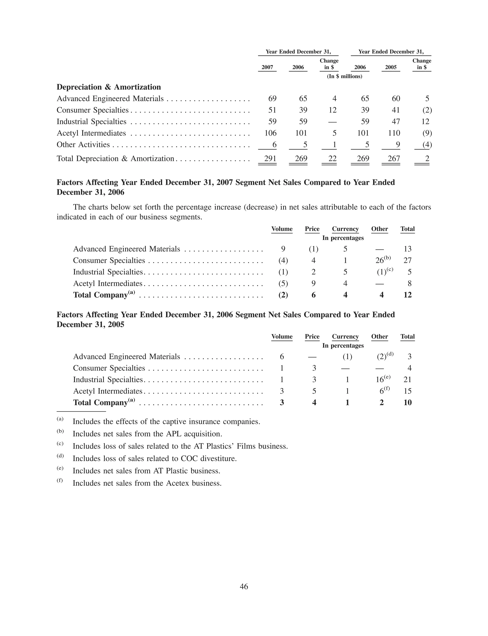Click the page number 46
click(x=244, y=586)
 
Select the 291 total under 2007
click(x=270, y=158)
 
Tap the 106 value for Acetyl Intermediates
click(x=270, y=133)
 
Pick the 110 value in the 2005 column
click(x=394, y=133)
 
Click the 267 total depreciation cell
click(x=394, y=158)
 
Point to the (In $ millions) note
click(x=345, y=76)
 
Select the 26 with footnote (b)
click(x=380, y=260)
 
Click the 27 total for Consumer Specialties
click(x=407, y=260)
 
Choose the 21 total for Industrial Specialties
click(x=407, y=380)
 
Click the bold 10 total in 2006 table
click(x=407, y=402)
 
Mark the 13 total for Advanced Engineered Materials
click(x=407, y=249)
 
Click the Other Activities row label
click(x=83, y=145)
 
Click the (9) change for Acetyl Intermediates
click(x=427, y=133)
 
